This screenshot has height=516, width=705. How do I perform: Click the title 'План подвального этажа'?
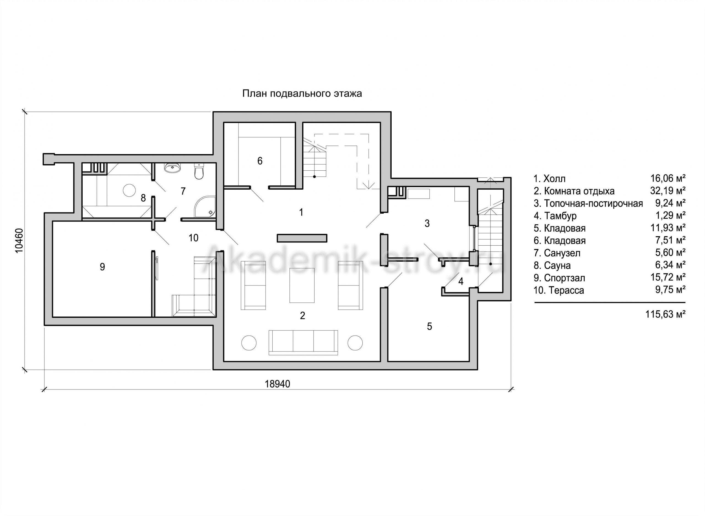pos(302,94)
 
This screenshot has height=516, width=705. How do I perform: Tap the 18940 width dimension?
pos(277,384)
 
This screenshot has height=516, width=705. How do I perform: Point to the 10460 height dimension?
pos(19,241)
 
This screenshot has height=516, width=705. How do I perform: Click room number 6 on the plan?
pos(260,161)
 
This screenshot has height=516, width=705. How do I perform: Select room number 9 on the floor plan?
pos(102,267)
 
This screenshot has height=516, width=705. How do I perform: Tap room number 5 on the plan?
pos(429,326)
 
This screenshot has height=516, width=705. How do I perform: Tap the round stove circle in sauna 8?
pos(129,190)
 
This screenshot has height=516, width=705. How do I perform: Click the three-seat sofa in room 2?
pos(303,342)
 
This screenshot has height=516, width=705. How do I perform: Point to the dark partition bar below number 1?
pos(302,238)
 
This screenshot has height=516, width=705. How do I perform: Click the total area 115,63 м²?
pos(665,314)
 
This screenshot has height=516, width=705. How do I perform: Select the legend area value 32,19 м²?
pos(668,191)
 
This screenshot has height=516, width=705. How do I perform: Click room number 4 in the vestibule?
pos(461,281)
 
